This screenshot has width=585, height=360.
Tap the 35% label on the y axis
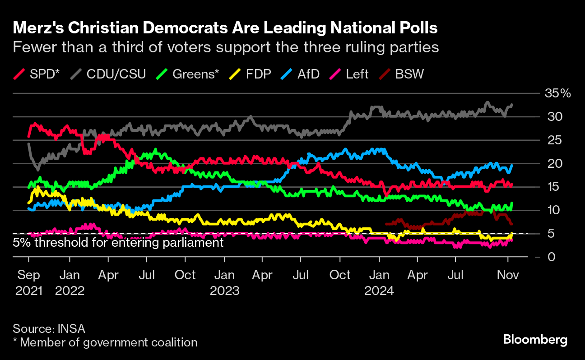coord(558,94)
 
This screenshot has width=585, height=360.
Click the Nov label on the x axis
coord(508,275)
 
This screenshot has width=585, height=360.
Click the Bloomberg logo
coord(535,340)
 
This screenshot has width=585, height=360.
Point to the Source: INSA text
coord(49,328)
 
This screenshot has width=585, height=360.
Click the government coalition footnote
coord(105,342)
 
